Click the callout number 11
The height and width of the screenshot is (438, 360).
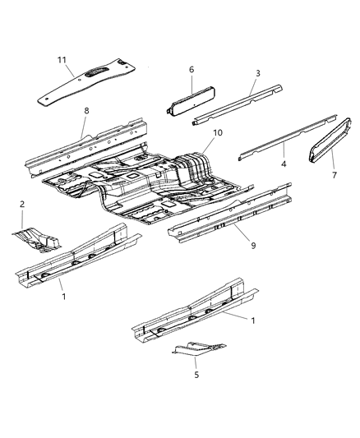pyautogui.click(x=61, y=59)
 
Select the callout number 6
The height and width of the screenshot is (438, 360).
pyautogui.click(x=191, y=71)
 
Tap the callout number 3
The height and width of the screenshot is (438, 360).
pyautogui.click(x=256, y=74)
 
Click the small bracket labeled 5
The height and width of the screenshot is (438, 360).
pyautogui.click(x=197, y=349)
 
